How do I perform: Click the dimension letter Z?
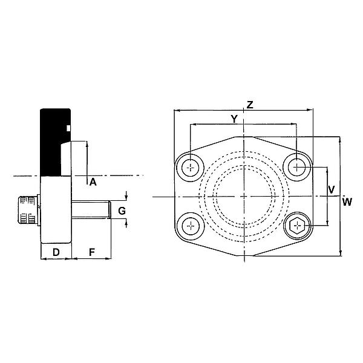click(x=249, y=105)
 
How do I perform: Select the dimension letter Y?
click(x=234, y=119)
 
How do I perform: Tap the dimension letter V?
click(x=331, y=189)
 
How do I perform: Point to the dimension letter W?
click(x=347, y=201)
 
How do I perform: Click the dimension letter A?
click(x=93, y=181)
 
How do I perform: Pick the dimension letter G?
click(x=122, y=211)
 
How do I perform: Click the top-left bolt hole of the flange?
click(x=192, y=166)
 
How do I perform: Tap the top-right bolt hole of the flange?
click(x=296, y=166)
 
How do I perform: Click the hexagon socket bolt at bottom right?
click(x=296, y=227)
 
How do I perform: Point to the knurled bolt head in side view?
click(x=27, y=211)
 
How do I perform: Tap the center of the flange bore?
click(x=244, y=197)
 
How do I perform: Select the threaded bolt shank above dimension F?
click(x=91, y=211)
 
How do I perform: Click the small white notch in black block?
click(x=68, y=128)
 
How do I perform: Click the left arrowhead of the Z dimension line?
click(x=176, y=111)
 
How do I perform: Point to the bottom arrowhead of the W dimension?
click(x=341, y=253)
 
